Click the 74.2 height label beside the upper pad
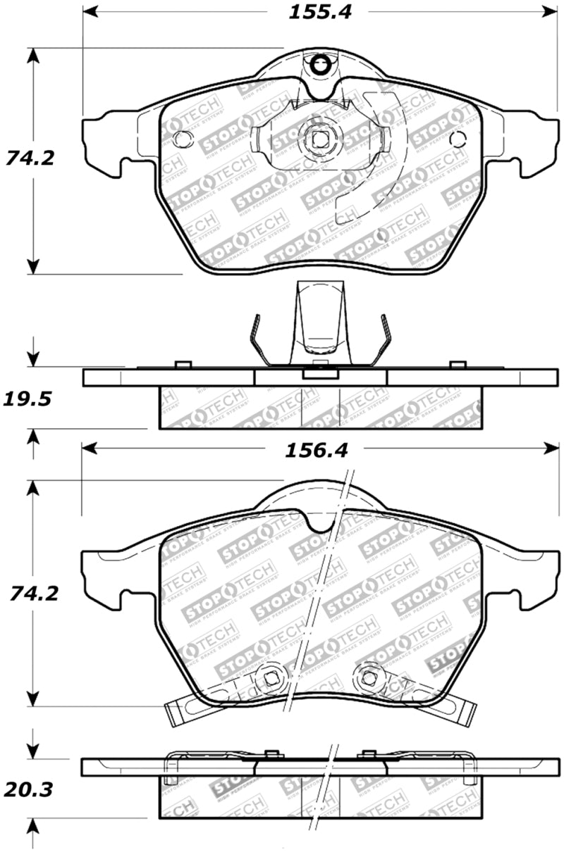coord(30,158)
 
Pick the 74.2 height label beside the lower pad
coord(30,593)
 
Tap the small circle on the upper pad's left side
coord(181,139)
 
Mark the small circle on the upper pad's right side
coord(457,139)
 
